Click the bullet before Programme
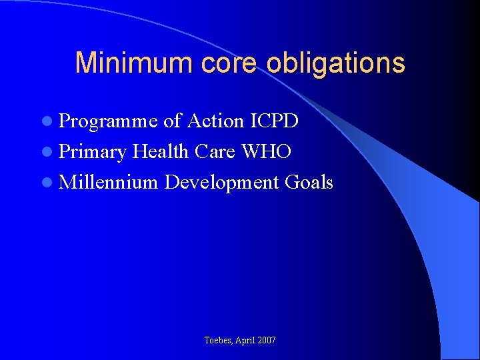coord(45,121)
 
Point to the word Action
coord(215,121)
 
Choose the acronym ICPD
coord(274,121)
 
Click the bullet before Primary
coord(45,152)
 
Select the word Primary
coord(92,152)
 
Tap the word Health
coord(161,151)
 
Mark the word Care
coord(215,151)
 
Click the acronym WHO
coord(267,151)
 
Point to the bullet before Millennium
coord(45,183)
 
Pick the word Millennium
coord(108,182)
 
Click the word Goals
coord(309,182)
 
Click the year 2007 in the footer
coord(266,341)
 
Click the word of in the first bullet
coord(172,121)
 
